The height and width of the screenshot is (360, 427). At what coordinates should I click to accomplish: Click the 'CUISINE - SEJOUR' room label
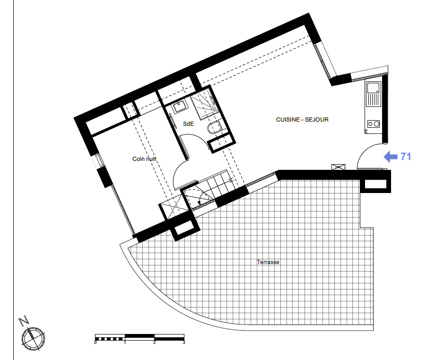coord(302,120)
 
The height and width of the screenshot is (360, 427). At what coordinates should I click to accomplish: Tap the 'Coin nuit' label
coord(144,159)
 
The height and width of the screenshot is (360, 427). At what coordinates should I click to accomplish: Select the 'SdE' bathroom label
coord(189,124)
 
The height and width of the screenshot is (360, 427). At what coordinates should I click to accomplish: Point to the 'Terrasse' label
coord(268,262)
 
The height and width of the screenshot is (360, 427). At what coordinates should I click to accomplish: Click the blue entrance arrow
coord(391,157)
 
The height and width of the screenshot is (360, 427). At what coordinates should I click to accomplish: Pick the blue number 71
coord(406,157)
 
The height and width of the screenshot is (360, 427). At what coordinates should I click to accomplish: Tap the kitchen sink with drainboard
coord(374,94)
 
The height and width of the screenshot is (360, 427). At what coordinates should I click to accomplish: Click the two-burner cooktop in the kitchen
coord(374,124)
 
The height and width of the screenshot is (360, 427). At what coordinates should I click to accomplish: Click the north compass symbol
coord(33,339)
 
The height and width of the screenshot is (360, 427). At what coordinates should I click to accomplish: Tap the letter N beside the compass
coord(24,321)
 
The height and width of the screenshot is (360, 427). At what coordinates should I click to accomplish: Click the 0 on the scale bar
coord(96,342)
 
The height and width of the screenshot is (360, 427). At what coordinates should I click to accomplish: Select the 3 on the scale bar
coord(184,342)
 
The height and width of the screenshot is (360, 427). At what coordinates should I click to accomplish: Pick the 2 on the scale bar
coord(155,342)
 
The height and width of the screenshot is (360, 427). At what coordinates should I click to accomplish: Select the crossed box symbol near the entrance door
coord(338,167)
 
